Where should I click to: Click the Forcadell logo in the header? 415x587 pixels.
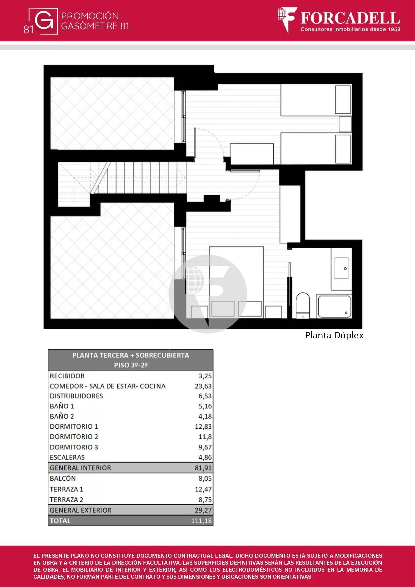(339, 20)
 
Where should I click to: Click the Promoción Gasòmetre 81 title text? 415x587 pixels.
(95, 21)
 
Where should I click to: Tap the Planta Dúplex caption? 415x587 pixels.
(334, 335)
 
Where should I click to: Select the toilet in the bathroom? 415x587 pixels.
(303, 305)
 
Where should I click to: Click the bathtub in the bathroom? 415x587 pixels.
(334, 306)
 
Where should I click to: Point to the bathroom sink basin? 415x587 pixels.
(341, 268)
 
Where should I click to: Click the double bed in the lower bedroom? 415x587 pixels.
(236, 282)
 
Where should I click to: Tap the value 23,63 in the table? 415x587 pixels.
(203, 386)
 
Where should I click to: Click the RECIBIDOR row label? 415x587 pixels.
(67, 376)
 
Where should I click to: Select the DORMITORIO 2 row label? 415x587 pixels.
(74, 437)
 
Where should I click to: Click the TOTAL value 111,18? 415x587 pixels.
(201, 521)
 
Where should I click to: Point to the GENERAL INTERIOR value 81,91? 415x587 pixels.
(203, 468)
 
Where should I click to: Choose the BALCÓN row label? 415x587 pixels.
(63, 478)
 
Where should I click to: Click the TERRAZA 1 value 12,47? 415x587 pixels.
(203, 489)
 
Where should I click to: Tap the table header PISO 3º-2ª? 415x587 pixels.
(131, 365)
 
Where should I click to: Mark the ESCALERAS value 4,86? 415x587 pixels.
(205, 457)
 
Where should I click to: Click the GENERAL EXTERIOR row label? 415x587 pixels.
(81, 510)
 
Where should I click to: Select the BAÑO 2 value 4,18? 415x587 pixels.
(205, 416)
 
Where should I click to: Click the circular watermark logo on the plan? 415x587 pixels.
(208, 294)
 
